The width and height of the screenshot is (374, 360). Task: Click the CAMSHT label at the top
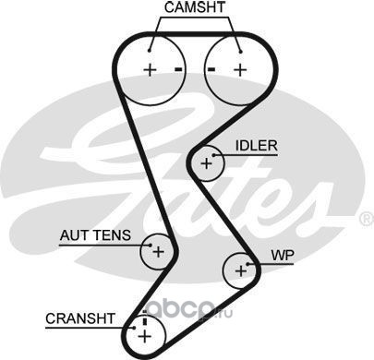click(x=195, y=7)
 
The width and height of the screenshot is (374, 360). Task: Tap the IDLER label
click(x=257, y=146)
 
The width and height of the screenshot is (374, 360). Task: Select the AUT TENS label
click(x=95, y=235)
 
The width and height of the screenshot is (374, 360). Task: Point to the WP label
click(x=283, y=255)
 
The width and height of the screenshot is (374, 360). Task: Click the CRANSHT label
click(x=80, y=318)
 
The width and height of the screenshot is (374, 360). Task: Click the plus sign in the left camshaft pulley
click(x=151, y=70)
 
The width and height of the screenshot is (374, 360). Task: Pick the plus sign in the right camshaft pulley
click(x=240, y=70)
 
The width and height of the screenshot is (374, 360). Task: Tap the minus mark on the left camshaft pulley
click(x=178, y=69)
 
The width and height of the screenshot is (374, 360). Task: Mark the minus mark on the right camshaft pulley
click(x=211, y=69)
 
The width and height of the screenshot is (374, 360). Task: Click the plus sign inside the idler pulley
click(x=206, y=163)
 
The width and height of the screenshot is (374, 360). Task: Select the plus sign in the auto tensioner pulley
click(x=159, y=252)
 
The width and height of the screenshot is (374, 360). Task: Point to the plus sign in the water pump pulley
click(x=241, y=270)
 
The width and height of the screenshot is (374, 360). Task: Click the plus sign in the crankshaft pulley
click(x=144, y=336)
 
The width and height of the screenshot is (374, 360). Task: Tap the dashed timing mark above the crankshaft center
click(x=145, y=318)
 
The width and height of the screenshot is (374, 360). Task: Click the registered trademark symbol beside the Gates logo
click(x=367, y=219)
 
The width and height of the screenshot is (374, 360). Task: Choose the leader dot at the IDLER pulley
click(x=213, y=155)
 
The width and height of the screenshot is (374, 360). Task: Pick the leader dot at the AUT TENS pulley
click(x=151, y=246)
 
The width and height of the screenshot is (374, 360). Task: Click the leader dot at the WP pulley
click(x=248, y=264)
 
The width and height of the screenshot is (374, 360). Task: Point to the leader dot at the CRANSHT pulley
click(x=134, y=328)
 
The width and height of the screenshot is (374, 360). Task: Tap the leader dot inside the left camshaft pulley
click(x=150, y=51)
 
